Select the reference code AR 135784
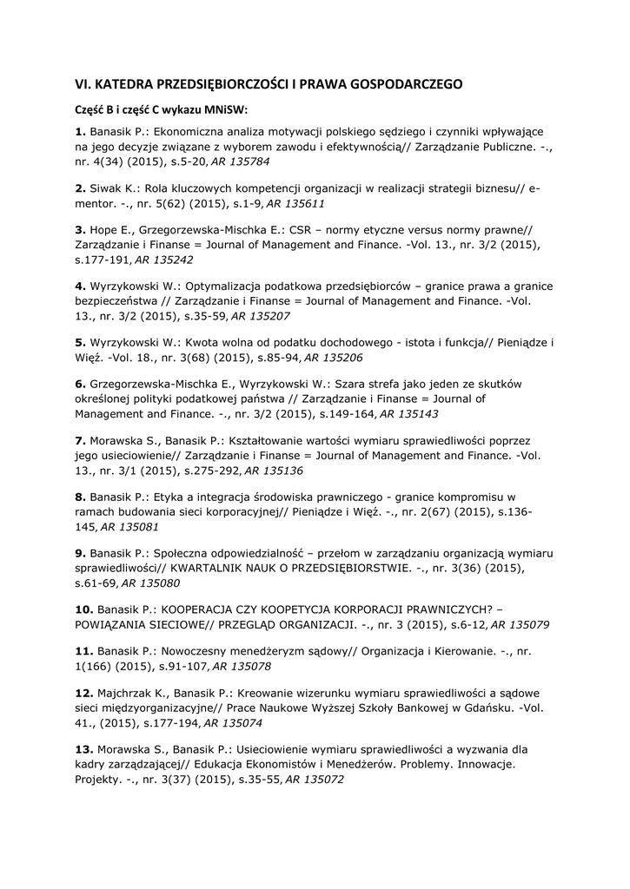pyautogui.click(x=241, y=162)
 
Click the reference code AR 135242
pyautogui.click(x=164, y=260)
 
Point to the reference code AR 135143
pyautogui.click(x=409, y=414)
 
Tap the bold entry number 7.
pyautogui.click(x=79, y=440)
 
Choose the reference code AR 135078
pyautogui.click(x=242, y=666)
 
